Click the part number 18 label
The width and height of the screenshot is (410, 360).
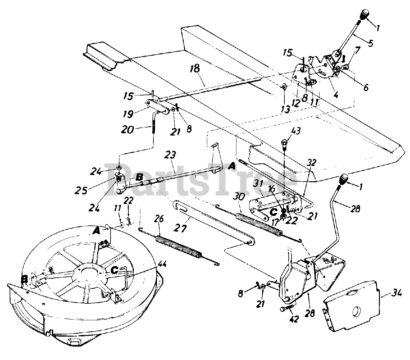195,69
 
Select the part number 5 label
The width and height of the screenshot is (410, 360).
371,43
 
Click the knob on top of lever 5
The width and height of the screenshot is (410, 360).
365,14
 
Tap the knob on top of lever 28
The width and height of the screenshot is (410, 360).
345,178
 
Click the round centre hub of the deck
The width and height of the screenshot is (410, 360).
86,272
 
